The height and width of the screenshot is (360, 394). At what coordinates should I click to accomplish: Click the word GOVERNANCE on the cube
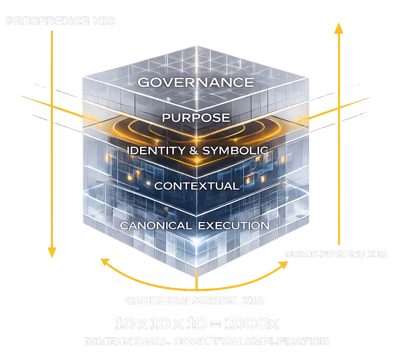point(196,82)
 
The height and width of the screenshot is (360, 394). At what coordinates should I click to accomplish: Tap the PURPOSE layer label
point(196,118)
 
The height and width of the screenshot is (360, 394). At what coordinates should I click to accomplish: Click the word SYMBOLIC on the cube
point(235,150)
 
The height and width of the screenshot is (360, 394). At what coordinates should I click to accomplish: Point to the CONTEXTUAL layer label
point(197,186)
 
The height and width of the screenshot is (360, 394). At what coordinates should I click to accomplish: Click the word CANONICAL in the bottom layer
point(156,225)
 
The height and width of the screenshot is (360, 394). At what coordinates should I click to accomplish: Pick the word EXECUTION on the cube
point(234,225)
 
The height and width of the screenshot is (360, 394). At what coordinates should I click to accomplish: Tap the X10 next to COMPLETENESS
point(376,254)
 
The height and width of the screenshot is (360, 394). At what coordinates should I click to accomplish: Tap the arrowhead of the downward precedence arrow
point(52,252)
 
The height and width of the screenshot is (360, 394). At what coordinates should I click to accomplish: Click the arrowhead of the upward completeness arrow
point(338,28)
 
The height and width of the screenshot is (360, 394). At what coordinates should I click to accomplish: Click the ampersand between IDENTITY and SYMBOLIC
point(194,150)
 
